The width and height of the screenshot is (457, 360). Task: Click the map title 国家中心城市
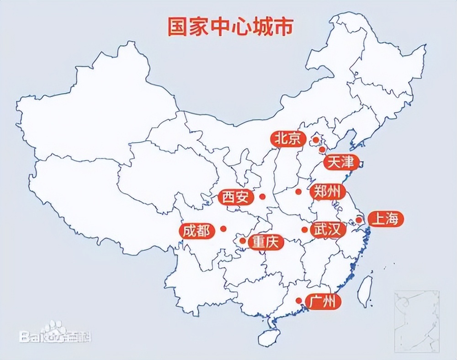229,27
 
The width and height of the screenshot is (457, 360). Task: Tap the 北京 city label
288,138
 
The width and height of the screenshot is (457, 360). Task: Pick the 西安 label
236,197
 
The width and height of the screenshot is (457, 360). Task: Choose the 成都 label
197,231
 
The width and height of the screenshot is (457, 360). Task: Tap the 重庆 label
266,242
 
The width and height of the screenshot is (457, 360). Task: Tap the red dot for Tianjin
322,149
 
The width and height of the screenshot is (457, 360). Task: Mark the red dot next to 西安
262,196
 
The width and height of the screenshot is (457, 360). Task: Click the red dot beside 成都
223,228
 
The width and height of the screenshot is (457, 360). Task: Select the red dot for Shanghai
359,220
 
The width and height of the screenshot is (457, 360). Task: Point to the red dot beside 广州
298,300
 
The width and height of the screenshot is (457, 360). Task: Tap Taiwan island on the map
364,291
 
